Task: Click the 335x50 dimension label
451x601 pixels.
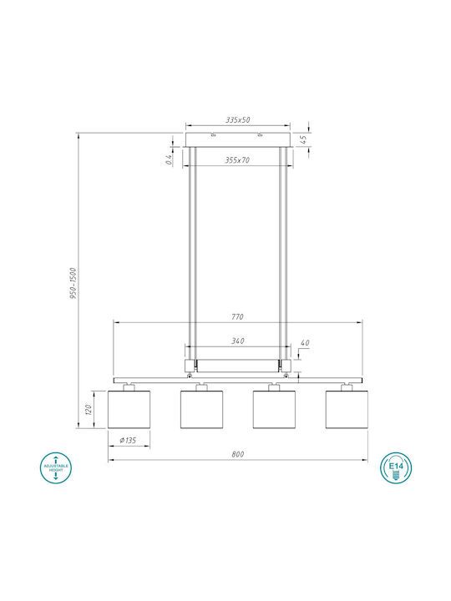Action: point(238,119)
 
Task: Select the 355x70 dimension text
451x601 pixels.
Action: point(237,159)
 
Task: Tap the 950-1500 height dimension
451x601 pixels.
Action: point(73,283)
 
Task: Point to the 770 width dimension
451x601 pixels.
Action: point(237,317)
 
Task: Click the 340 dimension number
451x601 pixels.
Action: point(238,341)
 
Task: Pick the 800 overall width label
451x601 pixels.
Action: point(238,454)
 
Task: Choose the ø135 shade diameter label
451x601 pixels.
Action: point(128,440)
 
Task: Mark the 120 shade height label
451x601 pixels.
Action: point(89,409)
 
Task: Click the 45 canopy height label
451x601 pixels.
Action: point(303,139)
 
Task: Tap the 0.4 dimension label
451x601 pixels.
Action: point(169,159)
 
